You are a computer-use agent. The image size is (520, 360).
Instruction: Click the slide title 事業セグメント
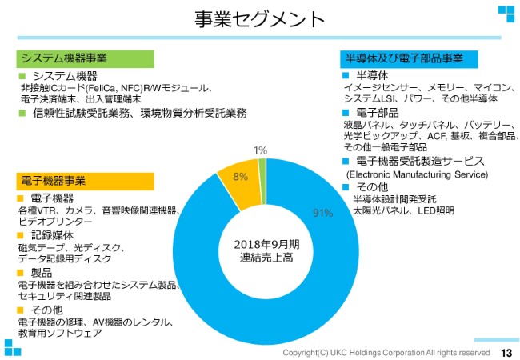[260, 19]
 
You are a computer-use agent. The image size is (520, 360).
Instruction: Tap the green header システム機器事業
[63, 58]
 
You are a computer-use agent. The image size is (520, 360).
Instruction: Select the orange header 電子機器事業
[53, 180]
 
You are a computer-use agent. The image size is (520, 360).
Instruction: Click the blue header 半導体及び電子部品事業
[404, 58]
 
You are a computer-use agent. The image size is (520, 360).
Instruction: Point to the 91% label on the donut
[322, 213]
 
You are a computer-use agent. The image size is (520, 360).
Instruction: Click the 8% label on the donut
[240, 177]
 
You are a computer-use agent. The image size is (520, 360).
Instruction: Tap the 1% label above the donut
[261, 150]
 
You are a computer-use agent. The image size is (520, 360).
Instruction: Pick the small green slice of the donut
[262, 165]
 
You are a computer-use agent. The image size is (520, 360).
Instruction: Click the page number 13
[506, 352]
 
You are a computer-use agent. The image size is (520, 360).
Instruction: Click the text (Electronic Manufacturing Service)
[416, 174]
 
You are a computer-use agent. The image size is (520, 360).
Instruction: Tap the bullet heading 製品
[41, 273]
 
